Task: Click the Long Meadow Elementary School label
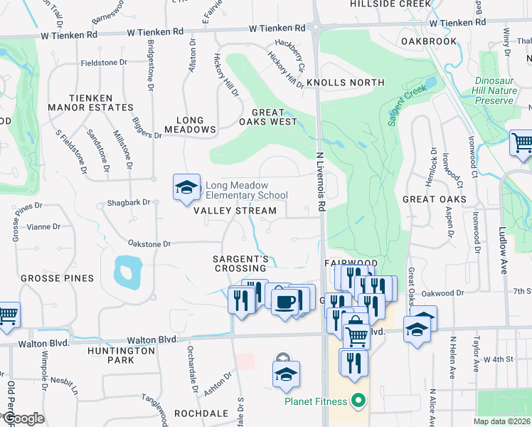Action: [x=246, y=190]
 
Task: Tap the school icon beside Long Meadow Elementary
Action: [x=186, y=188]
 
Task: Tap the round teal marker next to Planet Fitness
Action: [x=358, y=401]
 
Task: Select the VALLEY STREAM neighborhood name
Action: [x=235, y=211]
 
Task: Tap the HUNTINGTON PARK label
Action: [x=121, y=355]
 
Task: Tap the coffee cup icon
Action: [x=285, y=302]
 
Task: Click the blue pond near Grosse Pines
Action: [x=126, y=270]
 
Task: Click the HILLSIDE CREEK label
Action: [x=390, y=4]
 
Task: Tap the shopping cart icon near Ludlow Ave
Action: [x=522, y=142]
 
